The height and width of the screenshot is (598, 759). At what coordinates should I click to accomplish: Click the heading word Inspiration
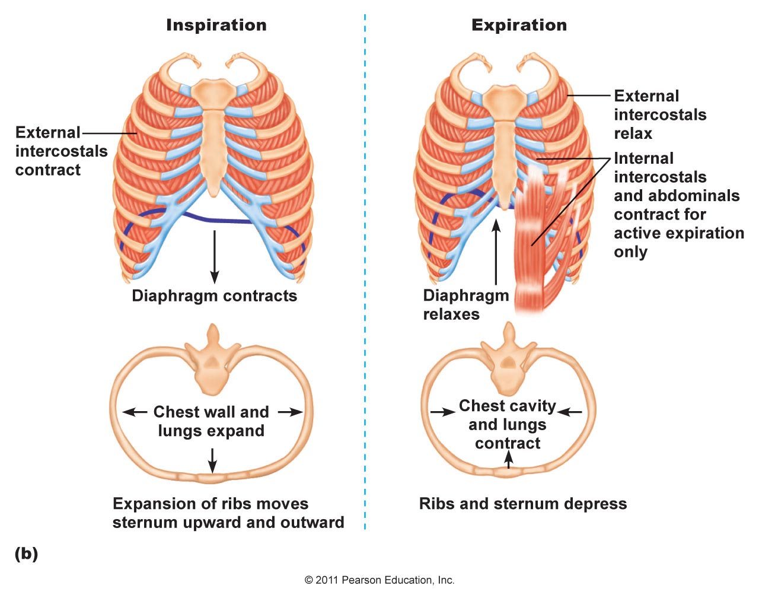pyautogui.click(x=216, y=26)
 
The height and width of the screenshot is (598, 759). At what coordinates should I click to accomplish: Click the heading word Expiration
pyautogui.click(x=519, y=26)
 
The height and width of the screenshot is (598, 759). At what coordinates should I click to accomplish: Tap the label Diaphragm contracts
pyautogui.click(x=215, y=296)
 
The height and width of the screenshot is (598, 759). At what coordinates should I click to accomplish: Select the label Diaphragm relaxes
pyautogui.click(x=466, y=305)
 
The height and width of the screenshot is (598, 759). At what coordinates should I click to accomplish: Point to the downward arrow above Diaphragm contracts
pyautogui.click(x=215, y=257)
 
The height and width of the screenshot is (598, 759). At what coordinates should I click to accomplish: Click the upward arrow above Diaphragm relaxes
pyautogui.click(x=496, y=252)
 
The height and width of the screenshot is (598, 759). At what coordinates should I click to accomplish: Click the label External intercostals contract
pyautogui.click(x=61, y=151)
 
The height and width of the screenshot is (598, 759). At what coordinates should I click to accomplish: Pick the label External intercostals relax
pyautogui.click(x=660, y=114)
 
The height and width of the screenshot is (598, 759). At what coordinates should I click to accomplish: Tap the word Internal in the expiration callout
pyautogui.click(x=644, y=158)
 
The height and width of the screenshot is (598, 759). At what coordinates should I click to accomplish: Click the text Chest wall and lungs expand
pyautogui.click(x=211, y=421)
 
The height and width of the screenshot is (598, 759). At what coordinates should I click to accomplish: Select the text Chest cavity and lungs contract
pyautogui.click(x=508, y=424)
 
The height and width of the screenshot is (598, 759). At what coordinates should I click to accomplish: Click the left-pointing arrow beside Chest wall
pyautogui.click(x=135, y=412)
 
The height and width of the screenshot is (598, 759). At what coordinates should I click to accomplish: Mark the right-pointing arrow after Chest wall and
pyautogui.click(x=291, y=412)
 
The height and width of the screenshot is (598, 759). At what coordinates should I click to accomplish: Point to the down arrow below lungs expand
pyautogui.click(x=212, y=461)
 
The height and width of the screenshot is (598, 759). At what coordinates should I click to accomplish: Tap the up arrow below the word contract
pyautogui.click(x=508, y=460)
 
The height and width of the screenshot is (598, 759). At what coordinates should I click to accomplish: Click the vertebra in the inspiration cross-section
pyautogui.click(x=212, y=360)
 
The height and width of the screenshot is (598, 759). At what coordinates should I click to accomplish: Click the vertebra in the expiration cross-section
pyautogui.click(x=508, y=358)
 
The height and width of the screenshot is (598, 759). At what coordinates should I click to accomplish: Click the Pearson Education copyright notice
pyautogui.click(x=379, y=580)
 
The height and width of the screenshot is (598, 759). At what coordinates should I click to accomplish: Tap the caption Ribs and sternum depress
pyautogui.click(x=523, y=504)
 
